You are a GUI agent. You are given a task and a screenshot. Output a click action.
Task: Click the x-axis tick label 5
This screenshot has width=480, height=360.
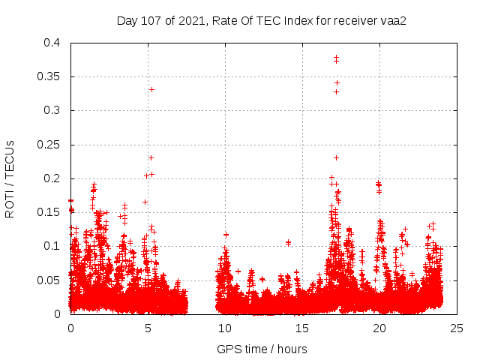click(148, 328)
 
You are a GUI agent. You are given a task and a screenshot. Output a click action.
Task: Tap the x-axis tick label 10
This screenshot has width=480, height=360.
click(225, 328)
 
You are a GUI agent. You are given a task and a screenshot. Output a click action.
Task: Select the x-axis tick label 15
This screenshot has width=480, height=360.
click(302, 328)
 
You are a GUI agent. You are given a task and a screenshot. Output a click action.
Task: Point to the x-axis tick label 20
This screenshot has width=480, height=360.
click(379, 328)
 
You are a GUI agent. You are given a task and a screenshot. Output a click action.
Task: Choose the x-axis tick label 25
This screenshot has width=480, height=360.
click(457, 328)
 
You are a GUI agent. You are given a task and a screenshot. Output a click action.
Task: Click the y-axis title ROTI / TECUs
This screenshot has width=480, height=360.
click(10, 178)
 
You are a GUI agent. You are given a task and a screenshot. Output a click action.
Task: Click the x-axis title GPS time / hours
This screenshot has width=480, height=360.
click(262, 349)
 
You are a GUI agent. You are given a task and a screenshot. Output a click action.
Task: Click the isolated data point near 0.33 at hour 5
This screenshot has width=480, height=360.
click(151, 89)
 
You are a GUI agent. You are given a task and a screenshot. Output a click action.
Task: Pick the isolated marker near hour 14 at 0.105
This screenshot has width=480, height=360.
click(288, 242)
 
